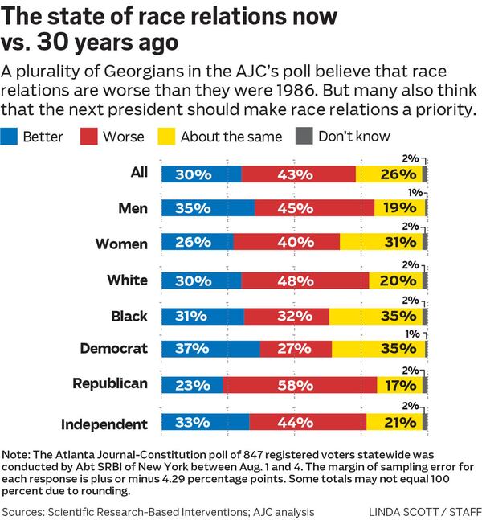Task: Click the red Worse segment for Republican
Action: (x=300, y=384)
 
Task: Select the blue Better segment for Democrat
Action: (x=210, y=349)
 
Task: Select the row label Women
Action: (x=121, y=244)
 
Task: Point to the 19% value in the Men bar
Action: (x=399, y=208)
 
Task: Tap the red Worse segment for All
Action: (x=298, y=174)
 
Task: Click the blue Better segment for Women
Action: (x=198, y=244)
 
